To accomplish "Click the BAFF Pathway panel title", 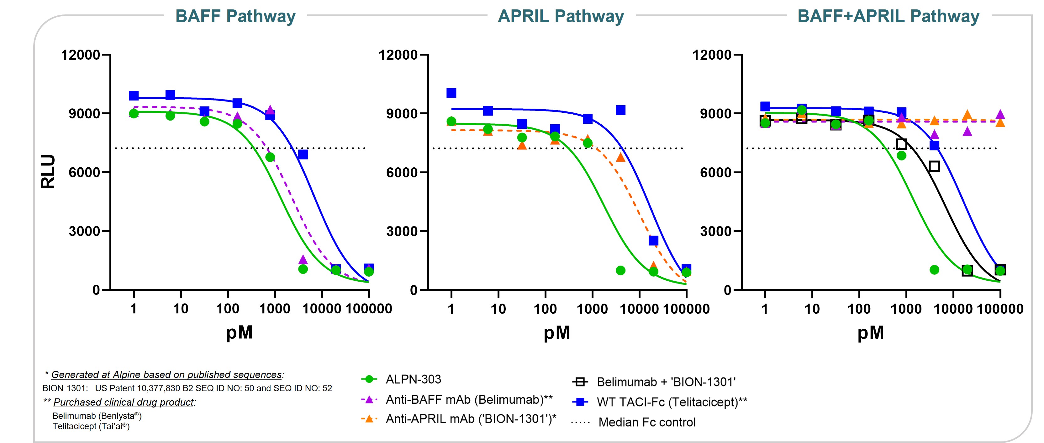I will coord(235,16).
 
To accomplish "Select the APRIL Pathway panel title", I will coord(561,16).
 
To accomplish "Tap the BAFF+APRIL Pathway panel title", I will coord(888,16).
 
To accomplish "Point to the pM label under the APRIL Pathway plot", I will coord(556,333).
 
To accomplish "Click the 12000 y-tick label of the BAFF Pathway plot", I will coord(80,55).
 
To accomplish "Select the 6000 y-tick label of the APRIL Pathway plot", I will coord(402,172).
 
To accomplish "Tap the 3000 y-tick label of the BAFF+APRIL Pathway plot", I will coord(715,231).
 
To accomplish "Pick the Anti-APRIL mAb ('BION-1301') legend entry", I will coord(471,419).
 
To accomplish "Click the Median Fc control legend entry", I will coord(647,422).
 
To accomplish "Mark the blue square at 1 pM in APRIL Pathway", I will coord(451,93).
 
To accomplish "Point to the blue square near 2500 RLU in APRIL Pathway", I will coord(653,240).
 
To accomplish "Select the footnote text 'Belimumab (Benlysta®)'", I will coord(97,416).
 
